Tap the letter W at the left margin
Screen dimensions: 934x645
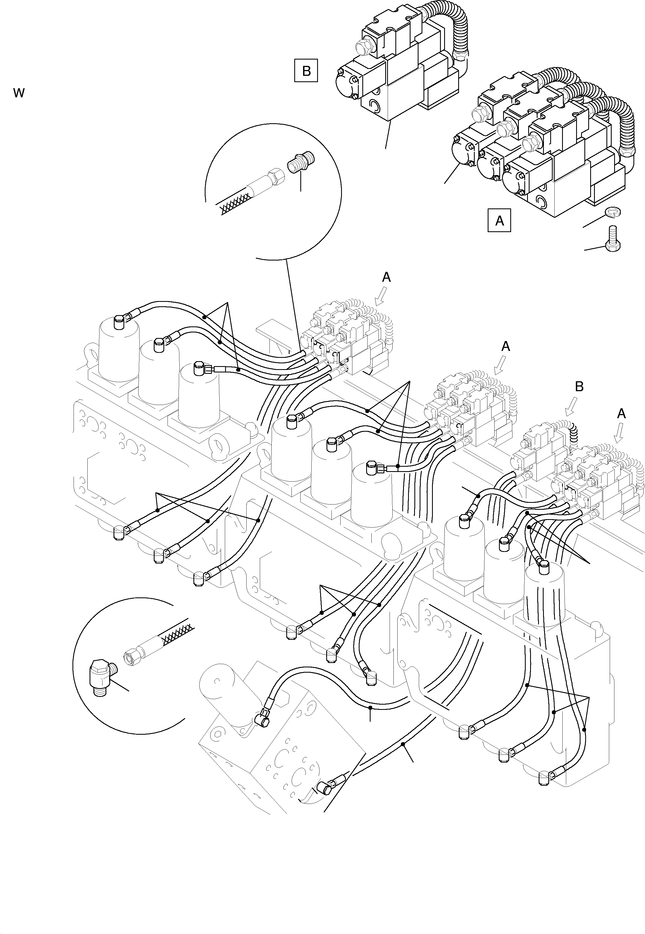click(18, 93)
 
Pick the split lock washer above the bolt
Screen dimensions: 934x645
click(613, 212)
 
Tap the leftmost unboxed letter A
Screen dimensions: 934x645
click(386, 277)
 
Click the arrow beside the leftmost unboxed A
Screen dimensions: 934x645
click(381, 296)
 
